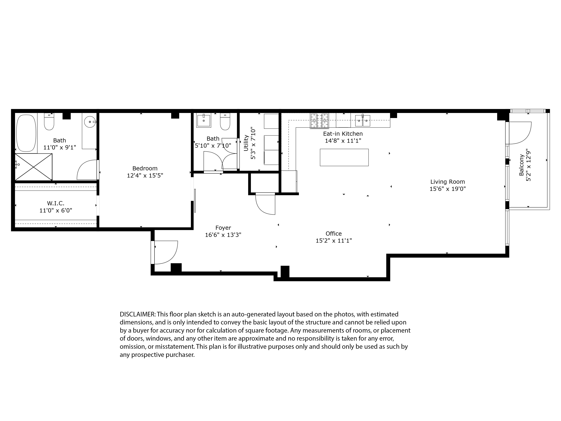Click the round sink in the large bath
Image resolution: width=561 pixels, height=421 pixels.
coord(90,122)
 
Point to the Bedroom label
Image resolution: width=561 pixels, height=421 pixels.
coord(145,168)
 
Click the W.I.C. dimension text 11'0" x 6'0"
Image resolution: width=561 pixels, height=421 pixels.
coord(56,210)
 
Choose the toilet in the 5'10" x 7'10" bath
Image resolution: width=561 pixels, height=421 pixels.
coord(225,122)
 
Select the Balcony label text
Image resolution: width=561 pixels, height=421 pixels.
coord(521,165)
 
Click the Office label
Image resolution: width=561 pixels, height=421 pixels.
coord(334,234)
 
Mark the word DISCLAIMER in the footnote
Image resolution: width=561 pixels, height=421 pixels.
coord(137,314)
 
